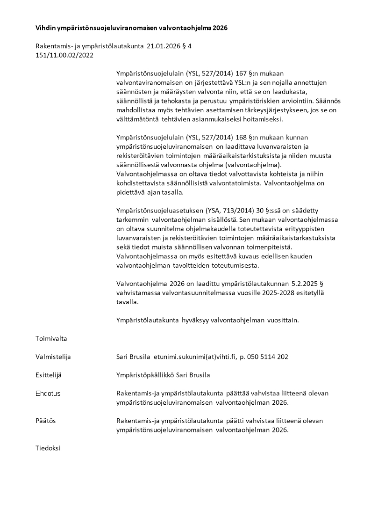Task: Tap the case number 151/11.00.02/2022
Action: [x=64, y=55]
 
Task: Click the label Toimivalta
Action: [x=52, y=337]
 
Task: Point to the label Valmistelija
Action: [x=53, y=357]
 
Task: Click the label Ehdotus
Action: [x=48, y=394]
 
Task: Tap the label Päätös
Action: [x=46, y=421]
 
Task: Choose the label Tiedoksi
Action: [x=48, y=448]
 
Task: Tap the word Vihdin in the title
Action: [x=46, y=28]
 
